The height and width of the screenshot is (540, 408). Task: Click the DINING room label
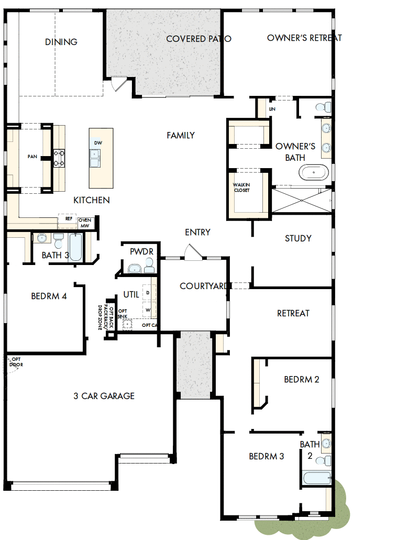(61, 42)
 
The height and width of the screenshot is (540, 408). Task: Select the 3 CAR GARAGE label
(104, 396)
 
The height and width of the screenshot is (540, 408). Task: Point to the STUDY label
(298, 238)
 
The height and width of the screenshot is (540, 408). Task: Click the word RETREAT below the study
(293, 313)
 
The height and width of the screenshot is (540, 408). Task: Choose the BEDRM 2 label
(302, 379)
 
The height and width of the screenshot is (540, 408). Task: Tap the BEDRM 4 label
(49, 296)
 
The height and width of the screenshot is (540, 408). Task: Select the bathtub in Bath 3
(76, 247)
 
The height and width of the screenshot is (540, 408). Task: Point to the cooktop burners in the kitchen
(59, 158)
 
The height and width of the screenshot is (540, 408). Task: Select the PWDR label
(141, 252)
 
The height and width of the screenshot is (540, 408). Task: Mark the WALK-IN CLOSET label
(241, 188)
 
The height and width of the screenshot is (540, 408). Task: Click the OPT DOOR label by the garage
(16, 361)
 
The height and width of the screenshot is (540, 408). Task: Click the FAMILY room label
(181, 135)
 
